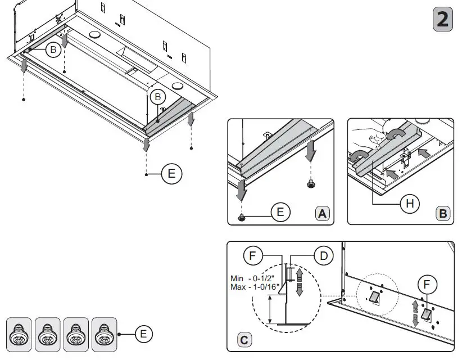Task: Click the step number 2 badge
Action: tap(443, 20)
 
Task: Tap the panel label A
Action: tap(322, 214)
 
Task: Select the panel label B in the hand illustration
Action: tap(442, 214)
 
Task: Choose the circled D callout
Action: tap(323, 256)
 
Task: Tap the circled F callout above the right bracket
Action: tap(428, 285)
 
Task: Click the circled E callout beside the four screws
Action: tap(143, 334)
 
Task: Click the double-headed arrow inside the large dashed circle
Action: tap(299, 281)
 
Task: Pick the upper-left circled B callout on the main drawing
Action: tap(53, 50)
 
